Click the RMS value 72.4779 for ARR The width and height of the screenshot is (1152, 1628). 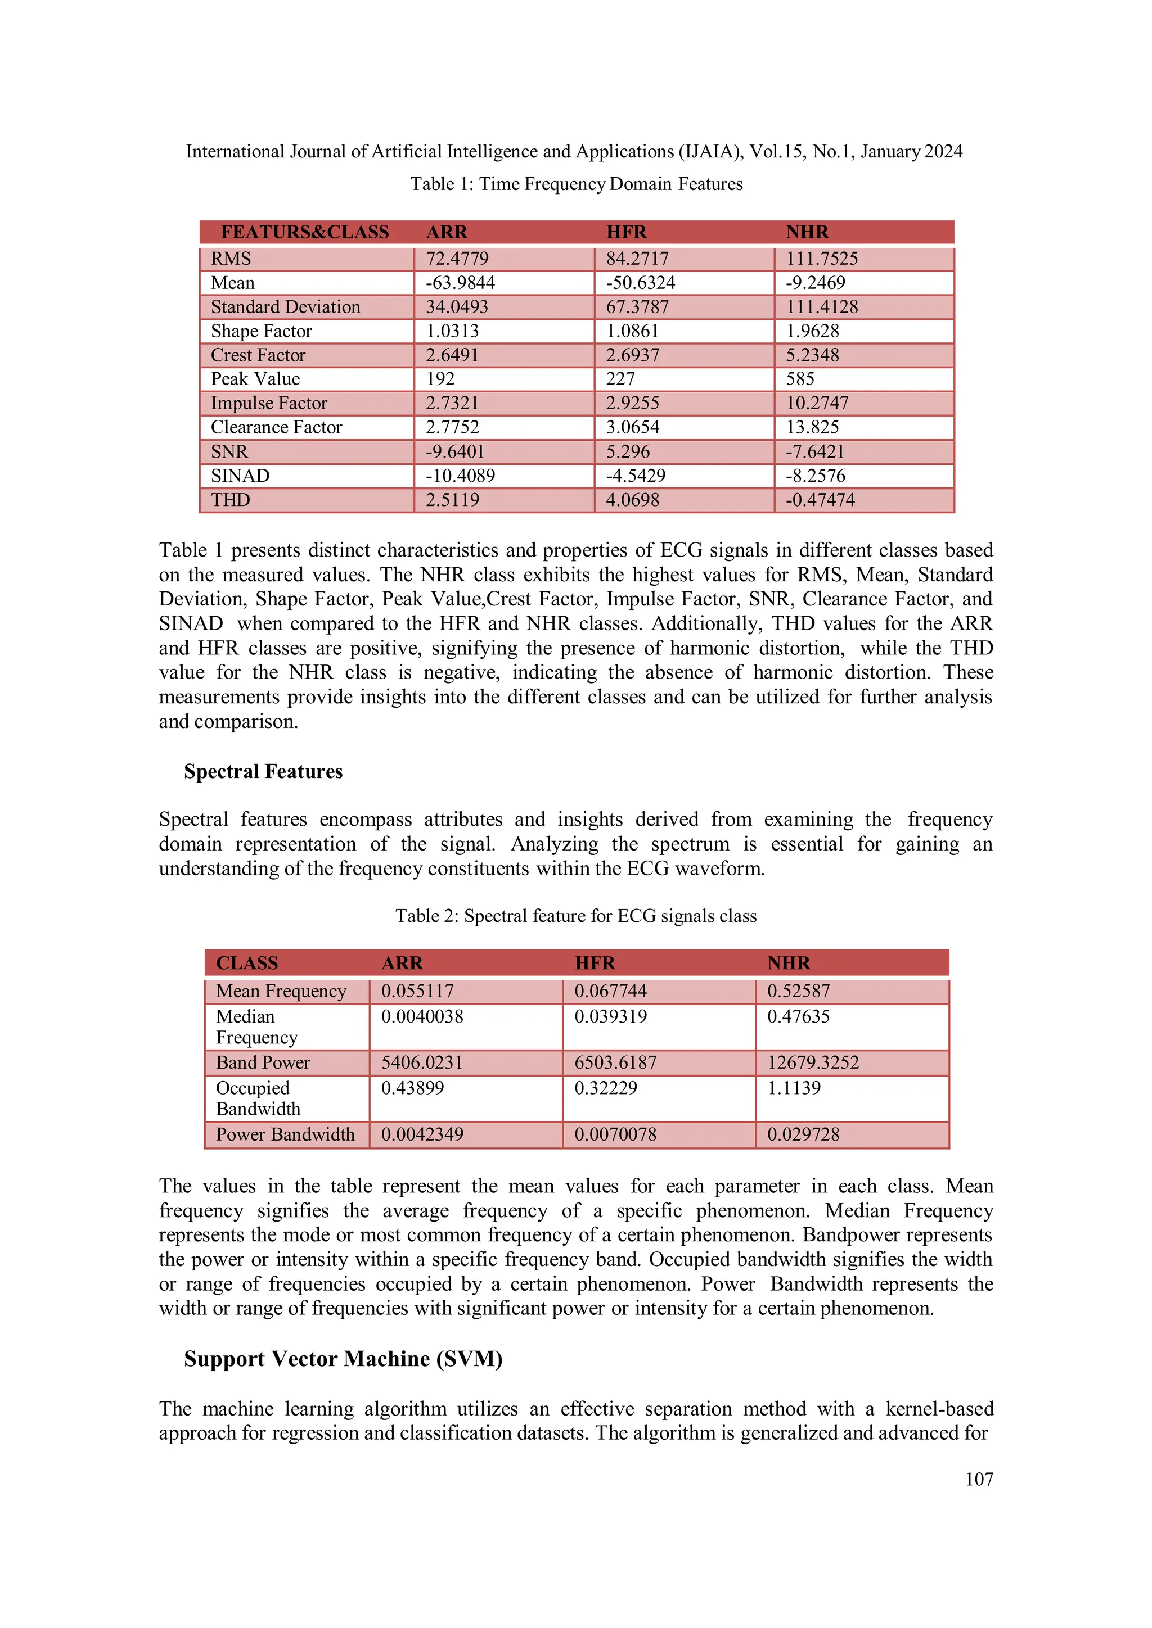click(457, 259)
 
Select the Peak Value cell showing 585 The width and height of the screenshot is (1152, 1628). click(800, 379)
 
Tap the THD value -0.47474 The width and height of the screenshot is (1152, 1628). click(820, 500)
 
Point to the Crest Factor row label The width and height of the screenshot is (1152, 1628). click(258, 355)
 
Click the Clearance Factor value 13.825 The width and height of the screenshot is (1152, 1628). click(812, 428)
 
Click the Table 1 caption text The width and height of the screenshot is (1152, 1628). click(576, 184)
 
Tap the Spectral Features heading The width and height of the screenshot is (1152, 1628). click(263, 771)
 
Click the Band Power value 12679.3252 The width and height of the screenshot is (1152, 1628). click(813, 1063)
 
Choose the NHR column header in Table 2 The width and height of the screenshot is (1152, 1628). click(788, 964)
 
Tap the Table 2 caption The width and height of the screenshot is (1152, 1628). click(576, 916)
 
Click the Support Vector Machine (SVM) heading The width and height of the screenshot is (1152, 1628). click(343, 1359)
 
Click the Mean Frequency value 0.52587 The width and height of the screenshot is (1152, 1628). click(798, 991)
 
